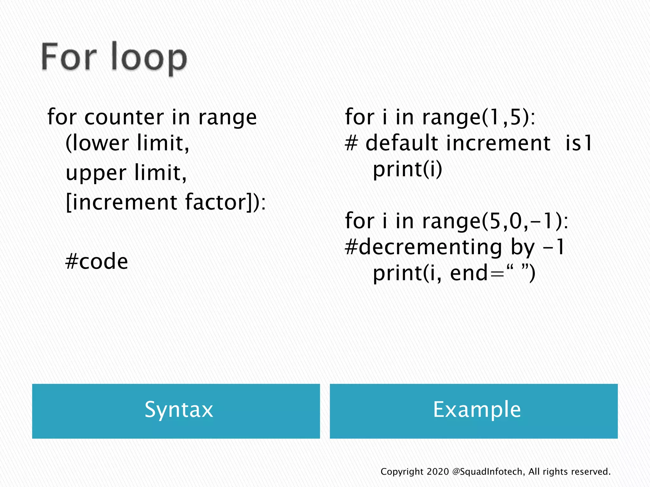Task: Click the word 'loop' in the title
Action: click(x=149, y=58)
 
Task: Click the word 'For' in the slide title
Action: click(x=69, y=57)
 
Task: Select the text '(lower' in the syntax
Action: click(x=97, y=143)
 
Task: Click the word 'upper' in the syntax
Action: click(x=96, y=173)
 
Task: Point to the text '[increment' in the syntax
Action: click(x=122, y=202)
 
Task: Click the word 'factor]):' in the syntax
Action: click(x=225, y=202)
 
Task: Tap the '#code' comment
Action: click(x=96, y=262)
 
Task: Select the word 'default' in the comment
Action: click(x=402, y=143)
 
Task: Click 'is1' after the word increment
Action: click(x=579, y=143)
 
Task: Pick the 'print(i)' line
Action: click(x=407, y=170)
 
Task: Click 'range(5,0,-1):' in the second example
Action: click(x=495, y=221)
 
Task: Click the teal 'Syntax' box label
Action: click(x=179, y=410)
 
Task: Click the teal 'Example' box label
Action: click(x=477, y=410)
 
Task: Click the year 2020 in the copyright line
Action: click(x=438, y=472)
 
